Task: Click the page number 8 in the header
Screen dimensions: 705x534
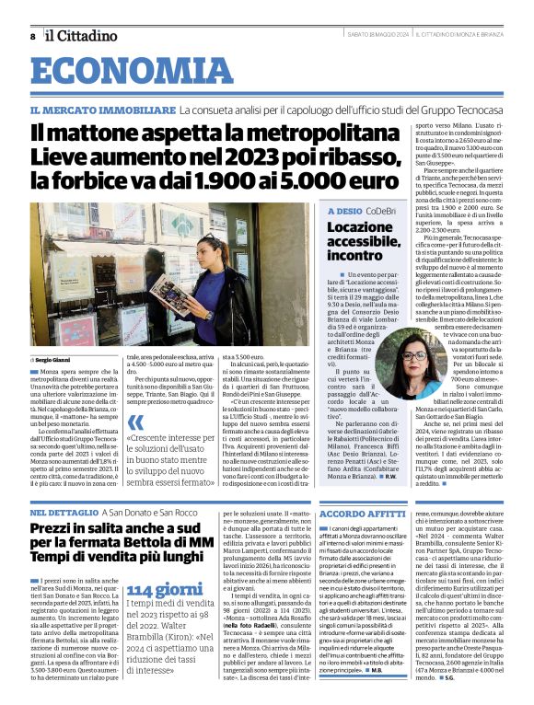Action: point(32,36)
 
